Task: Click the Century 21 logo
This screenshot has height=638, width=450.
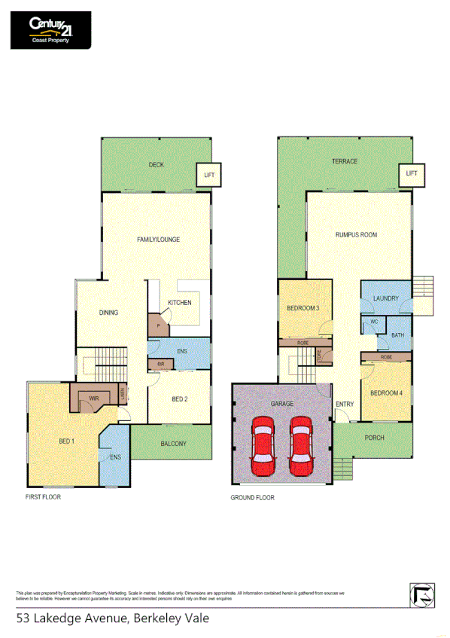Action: click(50, 30)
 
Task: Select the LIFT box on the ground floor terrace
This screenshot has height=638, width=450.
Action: click(411, 174)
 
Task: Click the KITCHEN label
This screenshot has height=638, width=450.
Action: click(179, 303)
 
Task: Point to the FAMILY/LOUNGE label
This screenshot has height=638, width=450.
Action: click(158, 240)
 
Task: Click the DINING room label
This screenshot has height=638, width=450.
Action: click(109, 313)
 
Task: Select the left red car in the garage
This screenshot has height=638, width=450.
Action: click(263, 450)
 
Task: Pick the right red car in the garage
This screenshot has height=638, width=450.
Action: click(301, 450)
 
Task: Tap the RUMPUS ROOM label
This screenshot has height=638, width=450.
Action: click(356, 235)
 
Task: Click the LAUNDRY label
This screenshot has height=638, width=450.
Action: click(385, 299)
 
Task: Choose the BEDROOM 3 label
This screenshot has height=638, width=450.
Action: click(303, 308)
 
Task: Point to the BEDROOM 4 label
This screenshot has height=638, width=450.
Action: click(386, 393)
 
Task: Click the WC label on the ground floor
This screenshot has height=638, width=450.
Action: click(372, 322)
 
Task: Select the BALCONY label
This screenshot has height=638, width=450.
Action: click(173, 444)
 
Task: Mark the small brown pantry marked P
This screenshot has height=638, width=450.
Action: click(159, 326)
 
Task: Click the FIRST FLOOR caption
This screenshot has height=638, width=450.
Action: click(42, 498)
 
